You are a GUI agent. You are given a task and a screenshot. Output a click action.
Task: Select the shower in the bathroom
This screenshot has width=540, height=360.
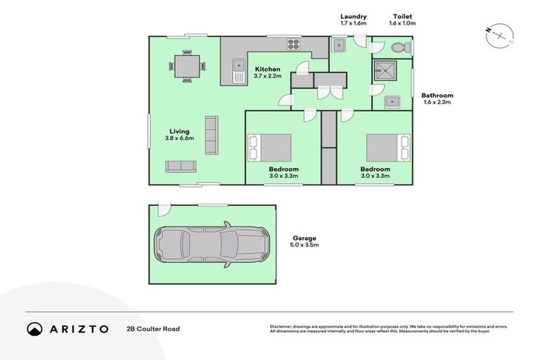(x=385, y=71)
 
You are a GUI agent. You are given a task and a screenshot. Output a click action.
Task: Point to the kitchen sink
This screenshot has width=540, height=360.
(x=238, y=71)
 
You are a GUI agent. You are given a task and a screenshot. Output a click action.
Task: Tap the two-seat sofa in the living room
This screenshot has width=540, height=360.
(x=181, y=166)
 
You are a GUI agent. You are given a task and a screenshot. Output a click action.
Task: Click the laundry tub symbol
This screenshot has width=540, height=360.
(x=338, y=46)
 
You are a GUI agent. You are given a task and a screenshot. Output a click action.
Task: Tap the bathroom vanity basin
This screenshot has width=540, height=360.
(x=391, y=103)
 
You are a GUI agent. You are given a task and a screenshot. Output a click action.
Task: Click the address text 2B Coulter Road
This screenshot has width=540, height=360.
(x=153, y=328)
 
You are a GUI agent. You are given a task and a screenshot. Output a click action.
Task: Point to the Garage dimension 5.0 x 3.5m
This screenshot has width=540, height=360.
(x=304, y=245)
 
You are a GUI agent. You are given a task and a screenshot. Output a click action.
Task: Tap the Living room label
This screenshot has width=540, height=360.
(x=179, y=131)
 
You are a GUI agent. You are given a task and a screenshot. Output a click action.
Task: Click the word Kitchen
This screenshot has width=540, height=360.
(x=267, y=69)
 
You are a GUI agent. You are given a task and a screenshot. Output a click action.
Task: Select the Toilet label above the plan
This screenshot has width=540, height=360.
(x=403, y=15)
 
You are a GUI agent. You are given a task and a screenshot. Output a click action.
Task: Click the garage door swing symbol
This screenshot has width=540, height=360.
(x=163, y=210)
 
